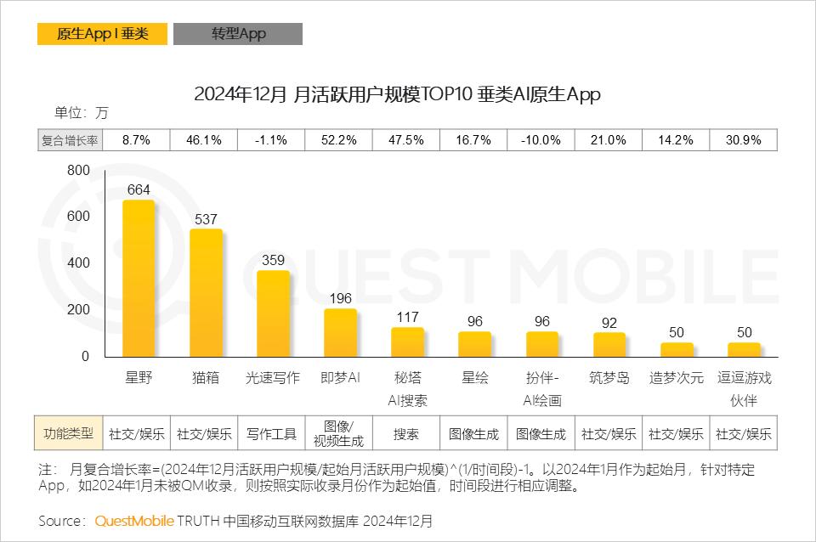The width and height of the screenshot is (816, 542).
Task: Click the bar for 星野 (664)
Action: pos(139,279)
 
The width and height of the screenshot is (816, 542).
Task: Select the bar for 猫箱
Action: pos(206,293)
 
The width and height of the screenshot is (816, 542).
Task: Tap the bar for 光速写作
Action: pos(273,313)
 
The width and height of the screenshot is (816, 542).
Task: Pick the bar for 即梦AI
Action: pos(340,333)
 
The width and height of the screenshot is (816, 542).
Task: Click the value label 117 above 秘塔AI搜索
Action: pos(407,316)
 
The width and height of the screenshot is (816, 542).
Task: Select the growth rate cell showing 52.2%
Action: pos(339,140)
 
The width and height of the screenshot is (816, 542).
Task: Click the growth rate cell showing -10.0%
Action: pos(541,140)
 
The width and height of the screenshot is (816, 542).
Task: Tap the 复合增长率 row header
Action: pos(70,140)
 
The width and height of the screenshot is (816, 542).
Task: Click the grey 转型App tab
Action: pos(238,34)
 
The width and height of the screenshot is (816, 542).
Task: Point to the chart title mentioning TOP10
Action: pos(397,94)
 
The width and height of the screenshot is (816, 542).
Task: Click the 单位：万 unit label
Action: pos(82,113)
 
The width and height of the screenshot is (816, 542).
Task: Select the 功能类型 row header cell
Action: pos(68,433)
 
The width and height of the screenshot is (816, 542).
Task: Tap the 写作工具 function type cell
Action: pos(272,433)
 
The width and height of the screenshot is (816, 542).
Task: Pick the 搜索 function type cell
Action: pos(406,433)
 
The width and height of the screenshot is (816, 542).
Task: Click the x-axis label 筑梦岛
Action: pos(609,378)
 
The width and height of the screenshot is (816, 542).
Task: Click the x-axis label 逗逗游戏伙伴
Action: pos(744,388)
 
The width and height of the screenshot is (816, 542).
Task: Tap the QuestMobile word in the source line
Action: pos(134,520)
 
